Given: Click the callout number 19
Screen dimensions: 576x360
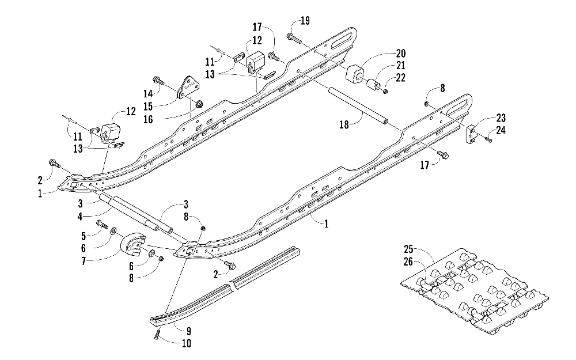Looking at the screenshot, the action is point(305,21).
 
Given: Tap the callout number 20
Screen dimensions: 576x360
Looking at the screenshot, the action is point(400,54).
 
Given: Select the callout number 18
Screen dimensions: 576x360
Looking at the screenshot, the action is point(344,125).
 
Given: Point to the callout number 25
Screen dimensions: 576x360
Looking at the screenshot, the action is point(408,249).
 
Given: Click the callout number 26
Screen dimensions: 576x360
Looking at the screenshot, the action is point(408,262).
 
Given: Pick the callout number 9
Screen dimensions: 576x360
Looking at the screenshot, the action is point(188,331).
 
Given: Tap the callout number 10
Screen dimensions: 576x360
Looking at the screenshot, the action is point(186,343).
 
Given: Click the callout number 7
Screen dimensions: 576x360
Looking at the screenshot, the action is point(84,261).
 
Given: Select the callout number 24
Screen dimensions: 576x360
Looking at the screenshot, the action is point(501,130).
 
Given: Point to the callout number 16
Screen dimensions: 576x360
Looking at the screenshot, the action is point(148,119).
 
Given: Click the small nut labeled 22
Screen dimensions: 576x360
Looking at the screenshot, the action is point(385,91).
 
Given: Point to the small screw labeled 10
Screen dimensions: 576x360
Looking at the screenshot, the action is point(157,334).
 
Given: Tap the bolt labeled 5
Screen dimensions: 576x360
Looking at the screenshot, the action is point(102,223).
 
